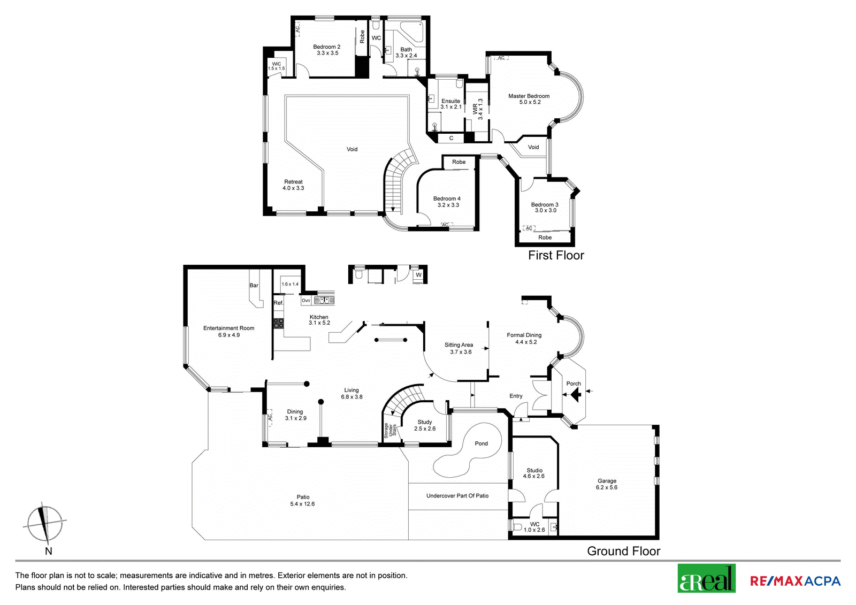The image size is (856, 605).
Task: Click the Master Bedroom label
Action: tap(529, 96)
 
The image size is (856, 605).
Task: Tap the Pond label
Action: tap(481, 443)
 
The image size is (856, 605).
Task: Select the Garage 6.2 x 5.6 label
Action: tap(607, 484)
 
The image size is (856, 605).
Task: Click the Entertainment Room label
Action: tap(228, 328)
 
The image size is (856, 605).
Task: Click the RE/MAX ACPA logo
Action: tap(795, 581)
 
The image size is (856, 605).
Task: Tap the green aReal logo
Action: tap(707, 578)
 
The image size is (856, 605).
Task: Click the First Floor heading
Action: tap(556, 255)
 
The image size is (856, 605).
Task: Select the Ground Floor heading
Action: tap(624, 551)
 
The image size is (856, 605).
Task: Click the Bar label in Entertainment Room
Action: tap(254, 285)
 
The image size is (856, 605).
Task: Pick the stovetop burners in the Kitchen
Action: tap(279, 323)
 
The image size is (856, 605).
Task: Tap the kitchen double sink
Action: tap(324, 301)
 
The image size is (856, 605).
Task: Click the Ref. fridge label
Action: tap(279, 303)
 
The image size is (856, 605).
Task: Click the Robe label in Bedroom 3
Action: tap(545, 238)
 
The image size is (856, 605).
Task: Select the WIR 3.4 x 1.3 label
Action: tap(478, 109)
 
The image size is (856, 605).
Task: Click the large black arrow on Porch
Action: tap(576, 394)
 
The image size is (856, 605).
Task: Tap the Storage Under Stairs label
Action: tap(390, 430)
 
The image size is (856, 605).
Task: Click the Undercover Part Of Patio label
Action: tap(457, 496)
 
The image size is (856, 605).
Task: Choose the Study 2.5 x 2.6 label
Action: tap(425, 425)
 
